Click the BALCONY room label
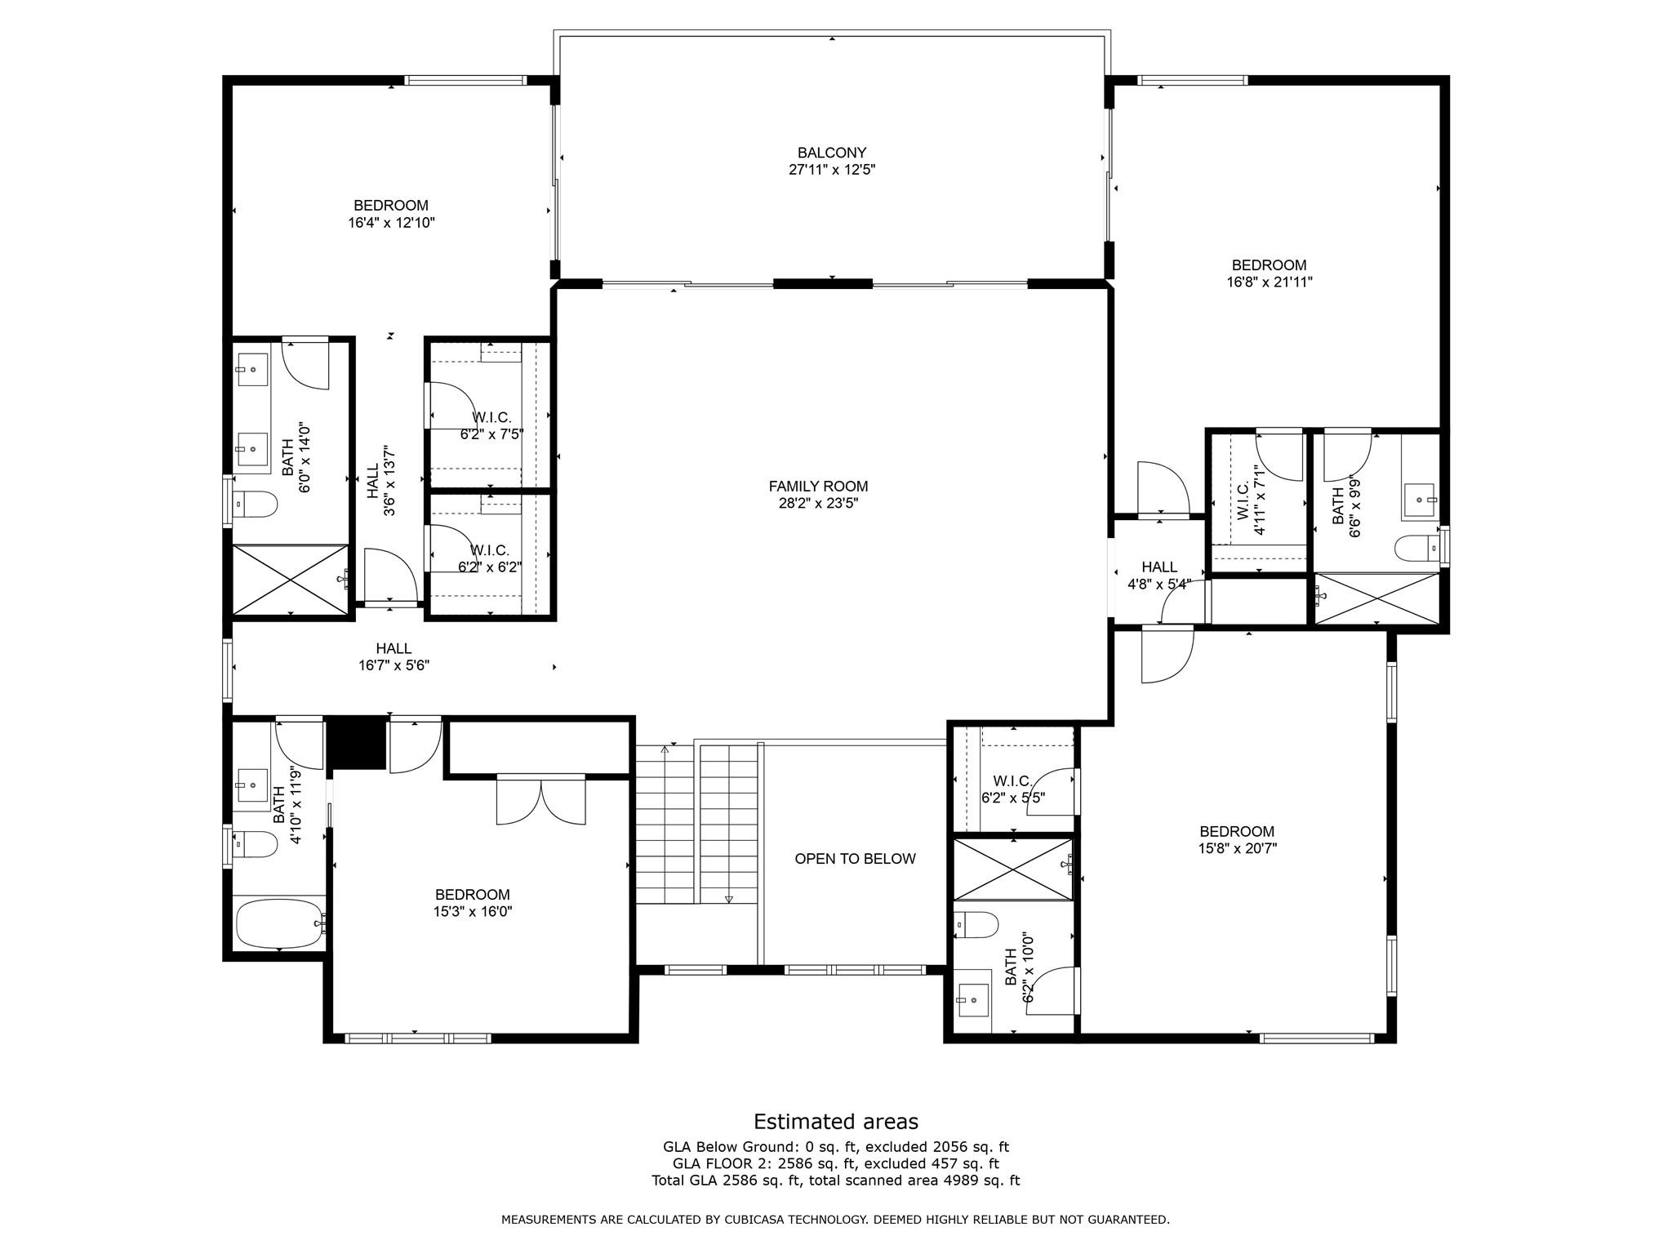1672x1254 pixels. click(831, 153)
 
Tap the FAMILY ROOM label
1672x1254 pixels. click(818, 487)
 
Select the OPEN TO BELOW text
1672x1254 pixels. click(855, 859)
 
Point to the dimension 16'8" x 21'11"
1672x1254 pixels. click(1269, 282)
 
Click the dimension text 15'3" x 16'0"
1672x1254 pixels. click(473, 912)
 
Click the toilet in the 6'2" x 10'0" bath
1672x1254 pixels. click(977, 925)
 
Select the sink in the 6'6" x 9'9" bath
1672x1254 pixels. click(1420, 499)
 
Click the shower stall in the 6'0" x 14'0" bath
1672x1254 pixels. click(291, 579)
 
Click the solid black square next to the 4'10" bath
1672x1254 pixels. click(356, 743)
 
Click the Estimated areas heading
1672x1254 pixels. click(835, 1122)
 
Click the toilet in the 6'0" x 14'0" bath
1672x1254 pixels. click(255, 505)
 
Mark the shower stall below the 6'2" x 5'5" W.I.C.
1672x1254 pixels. click(1012, 869)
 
